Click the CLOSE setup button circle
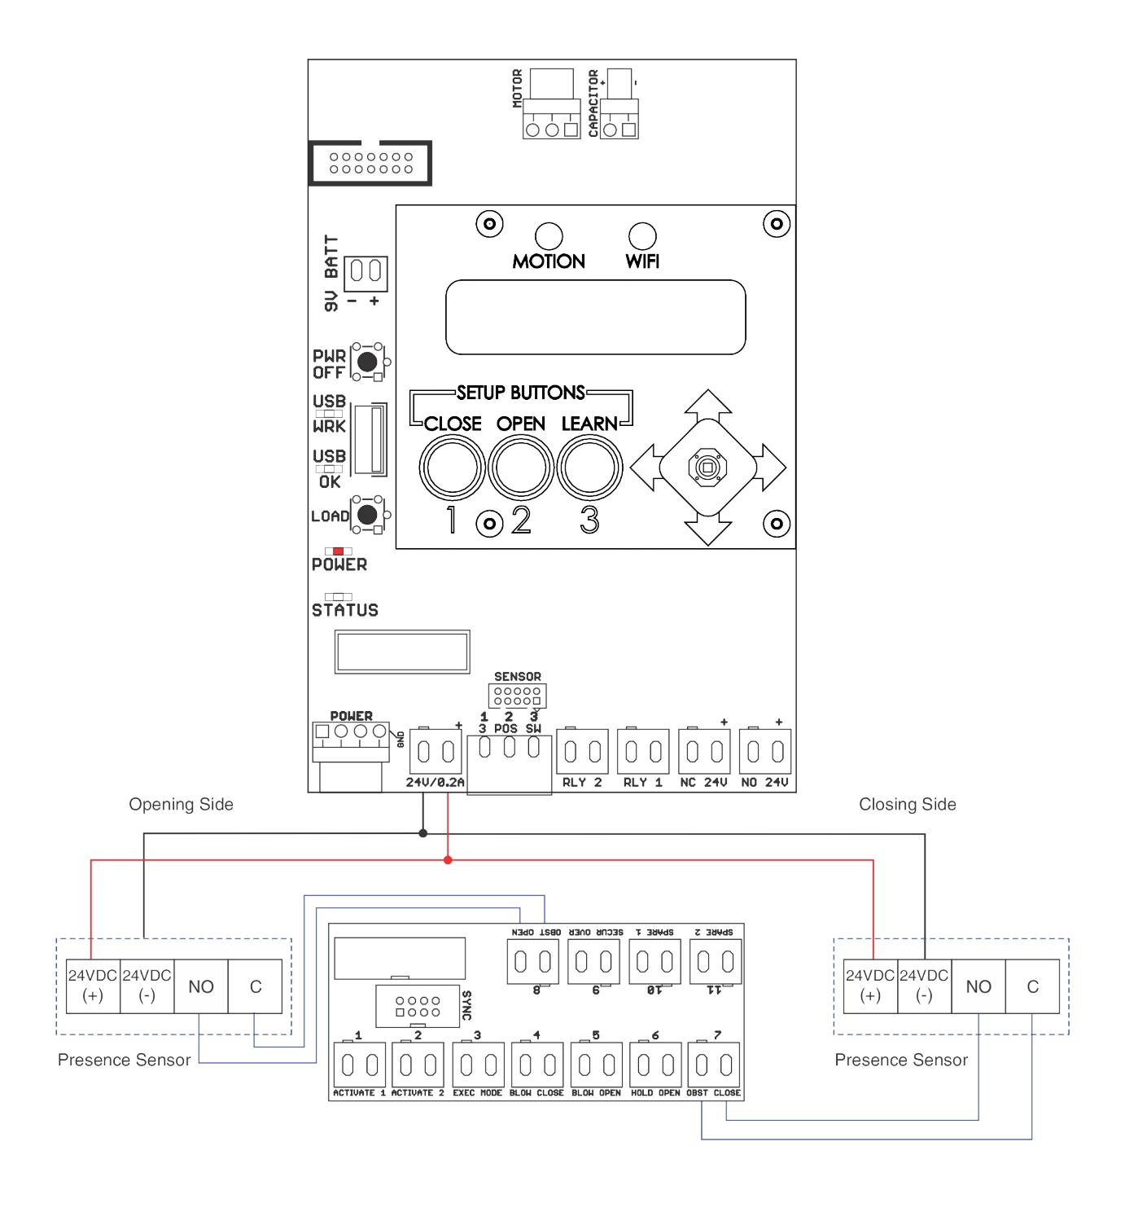pyautogui.click(x=452, y=468)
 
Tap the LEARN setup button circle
pyautogui.click(x=589, y=468)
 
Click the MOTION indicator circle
pyautogui.click(x=549, y=236)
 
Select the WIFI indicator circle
pyautogui.click(x=642, y=236)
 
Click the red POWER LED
pyautogui.click(x=338, y=551)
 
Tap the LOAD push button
pyautogui.click(x=366, y=515)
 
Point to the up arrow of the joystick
pyautogui.click(x=707, y=405)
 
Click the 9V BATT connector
pyautogui.click(x=366, y=274)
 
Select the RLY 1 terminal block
pyautogui.click(x=643, y=751)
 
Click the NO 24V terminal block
pyautogui.click(x=765, y=751)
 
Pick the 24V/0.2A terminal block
pyautogui.click(x=436, y=751)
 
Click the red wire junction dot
pyautogui.click(x=448, y=860)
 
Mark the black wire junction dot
pyautogui.click(x=422, y=833)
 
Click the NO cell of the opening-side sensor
pyautogui.click(x=201, y=987)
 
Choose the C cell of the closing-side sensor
pyautogui.click(x=1032, y=987)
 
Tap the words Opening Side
pyautogui.click(x=182, y=805)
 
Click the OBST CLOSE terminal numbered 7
pyautogui.click(x=714, y=1065)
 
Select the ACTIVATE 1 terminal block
pyautogui.click(x=360, y=1065)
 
